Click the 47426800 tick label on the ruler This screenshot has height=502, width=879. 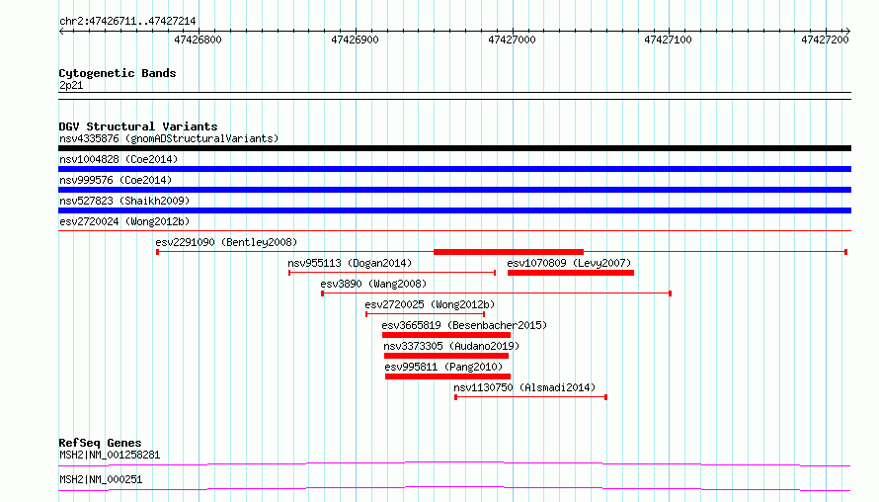click(x=198, y=40)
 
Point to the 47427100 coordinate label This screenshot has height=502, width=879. click(x=668, y=40)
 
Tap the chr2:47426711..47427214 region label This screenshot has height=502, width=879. click(x=127, y=22)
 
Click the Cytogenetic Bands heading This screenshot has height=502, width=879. click(x=118, y=73)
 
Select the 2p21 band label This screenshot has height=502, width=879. click(x=71, y=85)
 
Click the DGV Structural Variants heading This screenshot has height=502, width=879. click(x=138, y=126)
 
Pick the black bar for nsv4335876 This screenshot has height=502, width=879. click(x=454, y=148)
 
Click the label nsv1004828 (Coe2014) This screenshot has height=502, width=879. click(x=119, y=159)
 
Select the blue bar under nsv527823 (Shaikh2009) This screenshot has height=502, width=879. click(x=454, y=210)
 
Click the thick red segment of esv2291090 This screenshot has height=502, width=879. click(x=509, y=252)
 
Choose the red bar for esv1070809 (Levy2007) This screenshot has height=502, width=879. click(x=571, y=273)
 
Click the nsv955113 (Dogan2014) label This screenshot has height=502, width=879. click(x=350, y=263)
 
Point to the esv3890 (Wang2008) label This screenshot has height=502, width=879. click(x=373, y=284)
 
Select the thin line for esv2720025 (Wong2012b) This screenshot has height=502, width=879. click(x=426, y=314)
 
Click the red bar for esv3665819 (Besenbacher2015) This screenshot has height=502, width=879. click(x=446, y=335)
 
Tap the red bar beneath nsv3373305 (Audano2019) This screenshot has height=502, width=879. click(x=446, y=356)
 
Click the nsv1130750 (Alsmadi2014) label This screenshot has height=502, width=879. click(x=524, y=387)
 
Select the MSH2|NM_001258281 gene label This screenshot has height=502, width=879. click(x=110, y=455)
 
